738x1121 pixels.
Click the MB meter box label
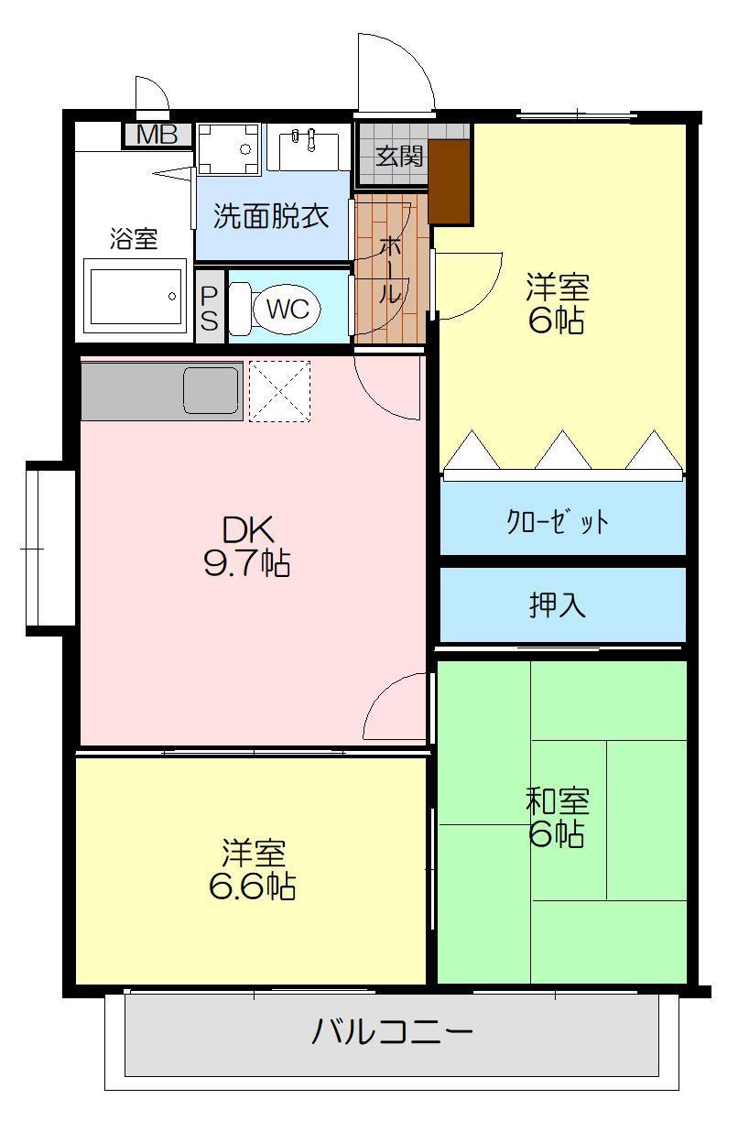point(157,135)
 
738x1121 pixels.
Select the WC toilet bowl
point(287,309)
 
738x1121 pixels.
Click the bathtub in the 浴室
point(136,296)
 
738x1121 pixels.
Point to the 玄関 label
point(400,156)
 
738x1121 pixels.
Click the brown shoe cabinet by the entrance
point(449,181)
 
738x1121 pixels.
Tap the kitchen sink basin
point(211,390)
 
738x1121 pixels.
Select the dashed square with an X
point(279,391)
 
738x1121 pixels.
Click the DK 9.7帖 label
point(247,547)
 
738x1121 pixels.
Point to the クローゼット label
point(558,522)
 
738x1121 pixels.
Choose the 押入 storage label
point(558,605)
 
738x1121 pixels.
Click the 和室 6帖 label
point(557,817)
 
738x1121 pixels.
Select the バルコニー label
point(392,1031)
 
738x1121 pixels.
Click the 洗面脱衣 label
point(271,217)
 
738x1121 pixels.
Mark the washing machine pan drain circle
point(244,148)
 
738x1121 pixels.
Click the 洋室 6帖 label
point(557,304)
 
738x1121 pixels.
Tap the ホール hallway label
point(390,270)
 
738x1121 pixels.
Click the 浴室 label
point(134,239)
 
